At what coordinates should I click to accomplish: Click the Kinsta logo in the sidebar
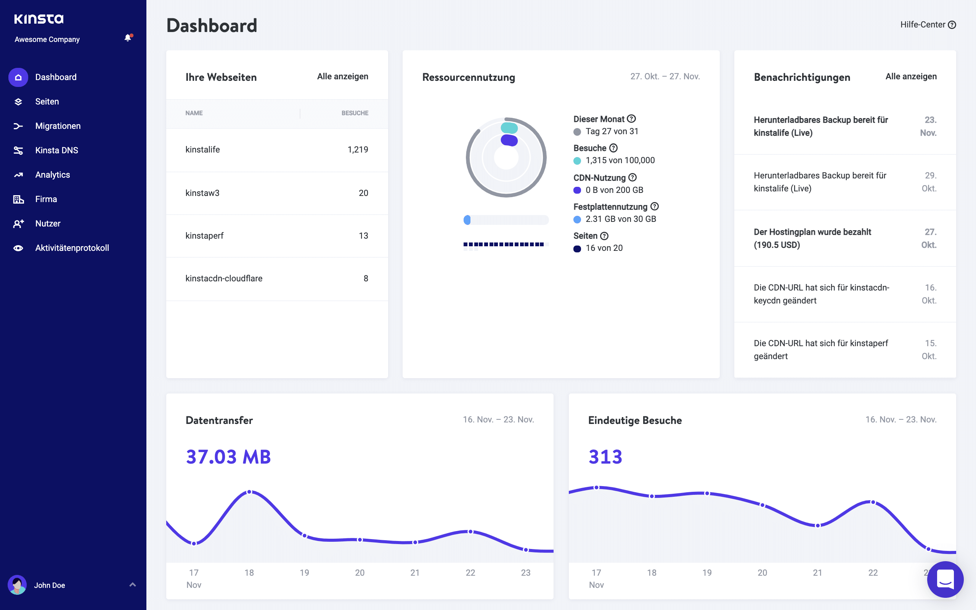click(x=39, y=19)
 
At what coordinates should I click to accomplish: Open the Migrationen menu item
click(x=58, y=126)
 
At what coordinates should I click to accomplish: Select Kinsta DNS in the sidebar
click(x=56, y=150)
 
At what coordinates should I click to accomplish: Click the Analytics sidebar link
click(x=53, y=175)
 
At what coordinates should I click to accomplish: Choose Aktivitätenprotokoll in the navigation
click(x=72, y=248)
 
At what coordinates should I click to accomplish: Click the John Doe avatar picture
click(x=17, y=584)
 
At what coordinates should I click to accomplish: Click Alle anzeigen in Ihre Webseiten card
click(x=342, y=76)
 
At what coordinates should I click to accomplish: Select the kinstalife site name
click(x=202, y=149)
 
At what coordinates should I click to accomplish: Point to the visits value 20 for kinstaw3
click(x=363, y=193)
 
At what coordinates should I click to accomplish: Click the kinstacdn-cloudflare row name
click(x=224, y=278)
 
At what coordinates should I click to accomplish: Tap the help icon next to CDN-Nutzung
click(x=632, y=177)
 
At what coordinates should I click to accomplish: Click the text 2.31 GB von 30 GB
click(x=620, y=219)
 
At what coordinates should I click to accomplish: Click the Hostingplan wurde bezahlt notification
click(x=812, y=238)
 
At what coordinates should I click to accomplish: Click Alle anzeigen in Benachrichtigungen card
click(x=911, y=76)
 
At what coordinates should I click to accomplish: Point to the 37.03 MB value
click(x=228, y=457)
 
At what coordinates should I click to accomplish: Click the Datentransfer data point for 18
click(x=249, y=492)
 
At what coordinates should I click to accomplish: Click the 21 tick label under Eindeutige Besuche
click(x=817, y=573)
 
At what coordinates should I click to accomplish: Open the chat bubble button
click(x=945, y=579)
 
